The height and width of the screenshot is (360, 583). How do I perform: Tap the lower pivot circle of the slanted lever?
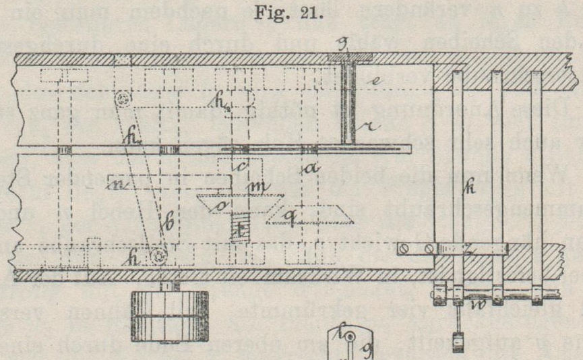(159, 257)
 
